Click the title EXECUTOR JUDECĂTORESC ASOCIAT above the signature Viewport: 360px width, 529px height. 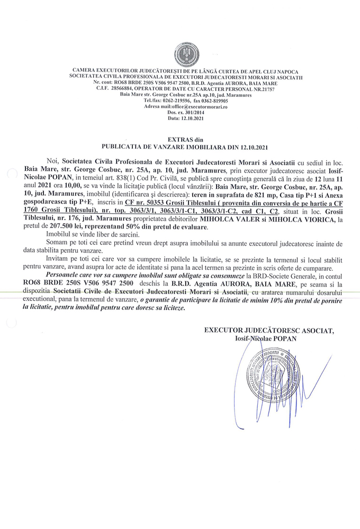click(x=269, y=331)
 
